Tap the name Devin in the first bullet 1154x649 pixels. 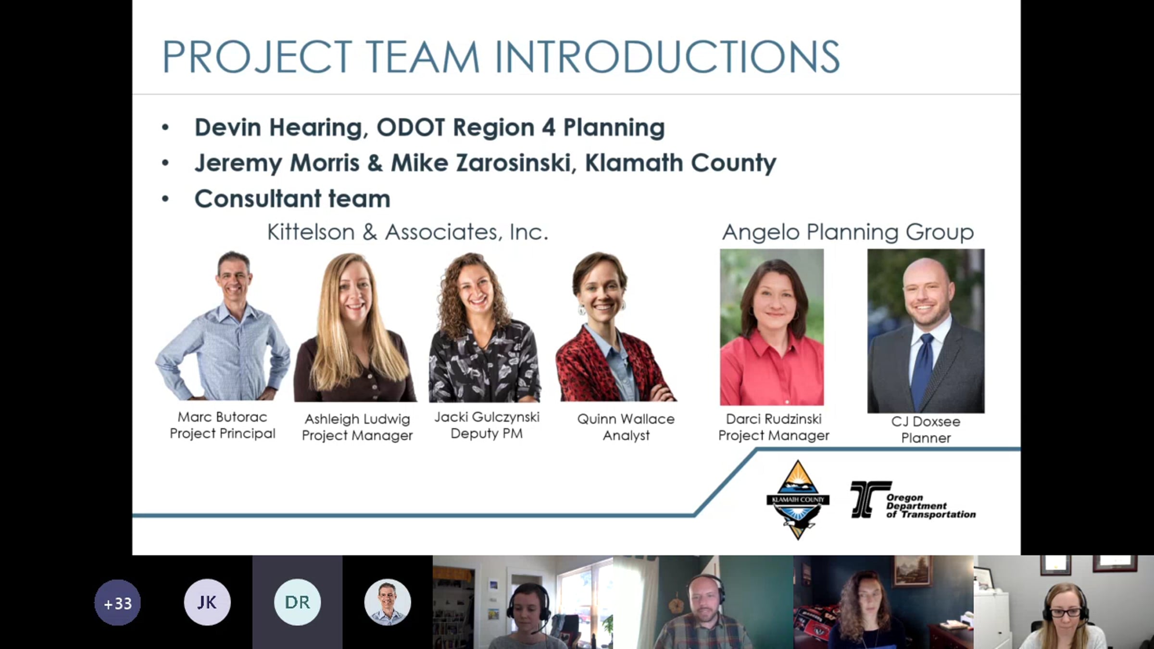point(228,127)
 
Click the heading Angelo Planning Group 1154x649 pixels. point(848,233)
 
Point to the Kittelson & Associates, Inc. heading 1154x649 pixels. point(408,232)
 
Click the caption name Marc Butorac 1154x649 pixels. point(222,417)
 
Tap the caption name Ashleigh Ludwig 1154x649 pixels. point(357,419)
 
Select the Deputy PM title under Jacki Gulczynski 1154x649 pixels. point(487,434)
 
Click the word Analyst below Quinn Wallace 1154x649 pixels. point(626,436)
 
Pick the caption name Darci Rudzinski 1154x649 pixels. point(774,419)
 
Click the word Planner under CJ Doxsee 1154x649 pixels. point(926,438)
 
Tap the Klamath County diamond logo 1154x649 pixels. point(798,500)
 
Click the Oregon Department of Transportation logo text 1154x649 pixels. point(931,506)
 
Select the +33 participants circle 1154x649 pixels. point(117,602)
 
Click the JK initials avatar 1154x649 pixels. point(207,602)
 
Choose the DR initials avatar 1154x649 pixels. point(297,602)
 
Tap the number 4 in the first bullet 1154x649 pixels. point(549,127)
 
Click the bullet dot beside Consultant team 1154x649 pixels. point(165,199)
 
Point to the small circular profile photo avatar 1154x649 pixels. point(388,602)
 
